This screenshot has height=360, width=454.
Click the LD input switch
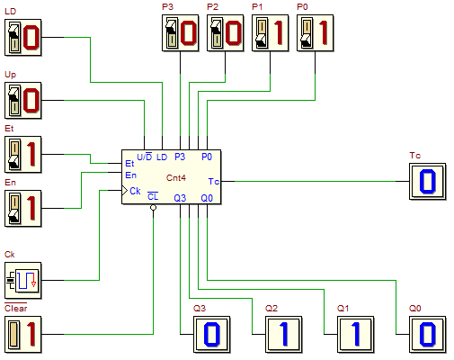pyautogui.click(x=22, y=38)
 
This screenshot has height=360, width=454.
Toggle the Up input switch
pyautogui.click(x=22, y=101)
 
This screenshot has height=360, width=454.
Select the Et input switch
pyautogui.click(x=22, y=155)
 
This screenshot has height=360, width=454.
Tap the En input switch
pyautogui.click(x=22, y=209)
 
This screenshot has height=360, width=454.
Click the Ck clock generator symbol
pyautogui.click(x=22, y=281)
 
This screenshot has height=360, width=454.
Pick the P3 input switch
pyautogui.click(x=180, y=33)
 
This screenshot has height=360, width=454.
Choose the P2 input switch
pyautogui.click(x=225, y=33)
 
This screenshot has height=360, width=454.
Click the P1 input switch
pyautogui.click(x=270, y=33)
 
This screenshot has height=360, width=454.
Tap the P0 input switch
pyautogui.click(x=315, y=33)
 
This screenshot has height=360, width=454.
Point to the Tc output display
pyautogui.click(x=428, y=182)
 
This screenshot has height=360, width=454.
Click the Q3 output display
pyautogui.click(x=212, y=335)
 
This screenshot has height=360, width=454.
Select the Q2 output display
pyautogui.click(x=284, y=335)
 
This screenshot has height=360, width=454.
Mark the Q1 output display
pyautogui.click(x=356, y=335)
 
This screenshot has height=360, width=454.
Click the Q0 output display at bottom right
pyautogui.click(x=428, y=335)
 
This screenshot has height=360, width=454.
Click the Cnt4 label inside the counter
pyautogui.click(x=176, y=178)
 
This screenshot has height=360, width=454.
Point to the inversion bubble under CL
pyautogui.click(x=153, y=207)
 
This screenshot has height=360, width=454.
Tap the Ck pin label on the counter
pyautogui.click(x=135, y=191)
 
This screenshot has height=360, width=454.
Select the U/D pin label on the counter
pyautogui.click(x=145, y=157)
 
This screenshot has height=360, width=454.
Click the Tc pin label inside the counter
pyautogui.click(x=214, y=182)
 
